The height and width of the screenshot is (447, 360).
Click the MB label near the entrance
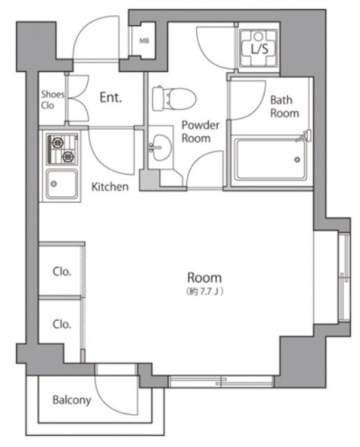click(144, 41)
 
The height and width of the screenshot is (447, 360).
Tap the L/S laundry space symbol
click(259, 48)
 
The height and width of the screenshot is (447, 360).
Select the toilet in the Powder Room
click(174, 98)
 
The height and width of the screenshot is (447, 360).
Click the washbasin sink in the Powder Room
click(161, 147)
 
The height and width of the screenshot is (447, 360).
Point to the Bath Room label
click(284, 107)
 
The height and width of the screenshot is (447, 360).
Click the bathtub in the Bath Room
click(270, 160)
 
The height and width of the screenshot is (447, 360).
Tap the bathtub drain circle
click(297, 160)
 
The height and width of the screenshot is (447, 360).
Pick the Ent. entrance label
click(111, 98)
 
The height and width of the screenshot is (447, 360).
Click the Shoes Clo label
click(52, 100)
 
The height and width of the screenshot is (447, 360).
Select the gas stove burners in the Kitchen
click(62, 149)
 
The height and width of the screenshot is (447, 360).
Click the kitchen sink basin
click(62, 184)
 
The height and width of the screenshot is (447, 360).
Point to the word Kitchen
click(110, 186)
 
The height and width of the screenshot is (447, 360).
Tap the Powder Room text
click(200, 132)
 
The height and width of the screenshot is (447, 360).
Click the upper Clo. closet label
click(62, 272)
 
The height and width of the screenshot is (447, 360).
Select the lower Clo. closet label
click(62, 324)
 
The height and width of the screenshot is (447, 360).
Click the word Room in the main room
click(204, 277)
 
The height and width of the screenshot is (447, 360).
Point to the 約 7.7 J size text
click(204, 292)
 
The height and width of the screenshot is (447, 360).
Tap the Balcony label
click(72, 400)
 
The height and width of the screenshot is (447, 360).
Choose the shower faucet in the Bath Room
click(304, 135)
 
